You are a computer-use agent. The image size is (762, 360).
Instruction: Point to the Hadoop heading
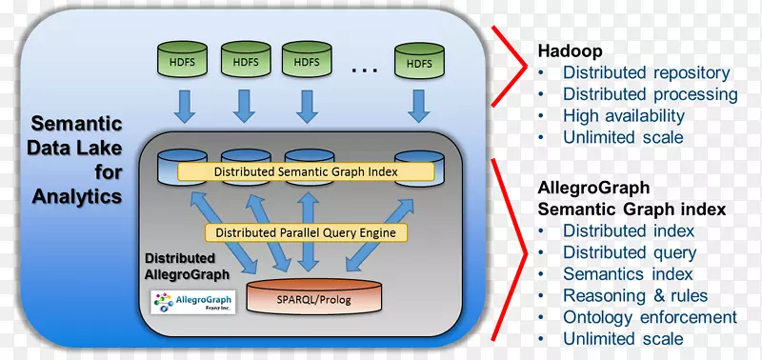click(x=568, y=51)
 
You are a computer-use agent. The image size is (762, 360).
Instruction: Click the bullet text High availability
click(x=623, y=115)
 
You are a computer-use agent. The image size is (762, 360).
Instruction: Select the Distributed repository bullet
click(x=646, y=72)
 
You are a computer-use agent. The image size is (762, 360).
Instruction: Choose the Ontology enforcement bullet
click(x=650, y=317)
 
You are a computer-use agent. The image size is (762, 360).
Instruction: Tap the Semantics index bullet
click(x=627, y=274)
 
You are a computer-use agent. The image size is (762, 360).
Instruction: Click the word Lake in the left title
click(x=104, y=148)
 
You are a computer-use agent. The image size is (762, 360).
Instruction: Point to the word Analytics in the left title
click(x=77, y=196)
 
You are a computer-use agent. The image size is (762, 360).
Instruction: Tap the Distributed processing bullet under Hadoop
click(x=650, y=94)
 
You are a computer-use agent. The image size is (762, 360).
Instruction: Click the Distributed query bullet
click(x=629, y=252)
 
